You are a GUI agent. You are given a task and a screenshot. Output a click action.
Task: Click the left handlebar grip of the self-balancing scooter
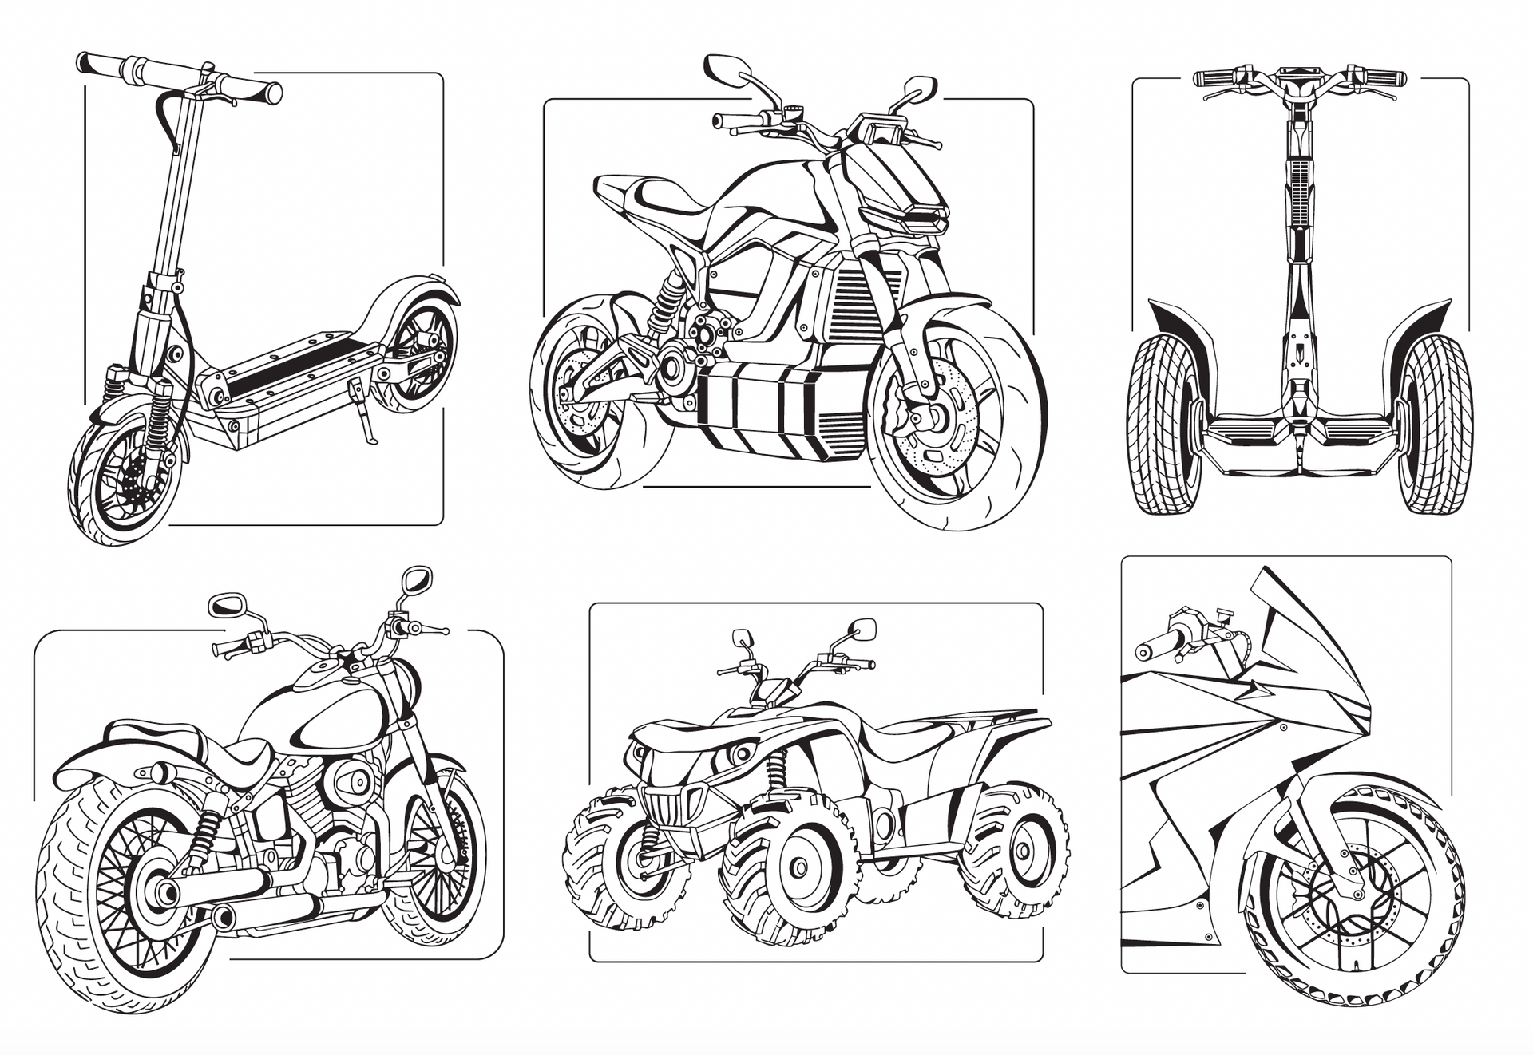coord(1214,78)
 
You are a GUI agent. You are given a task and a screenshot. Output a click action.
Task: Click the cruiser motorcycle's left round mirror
coord(226,605)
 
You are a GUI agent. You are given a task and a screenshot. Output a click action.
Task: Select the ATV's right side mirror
coord(863,629)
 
